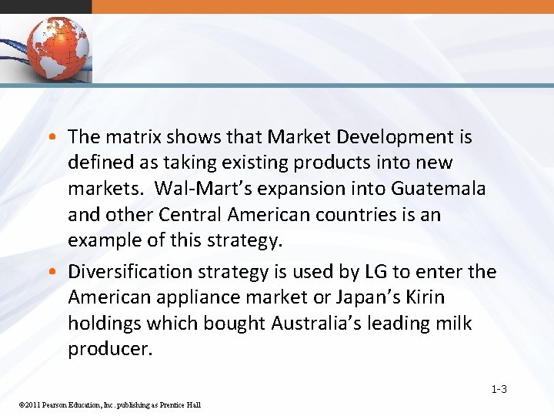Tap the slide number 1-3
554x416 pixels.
coord(499,389)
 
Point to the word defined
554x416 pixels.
coord(99,163)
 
